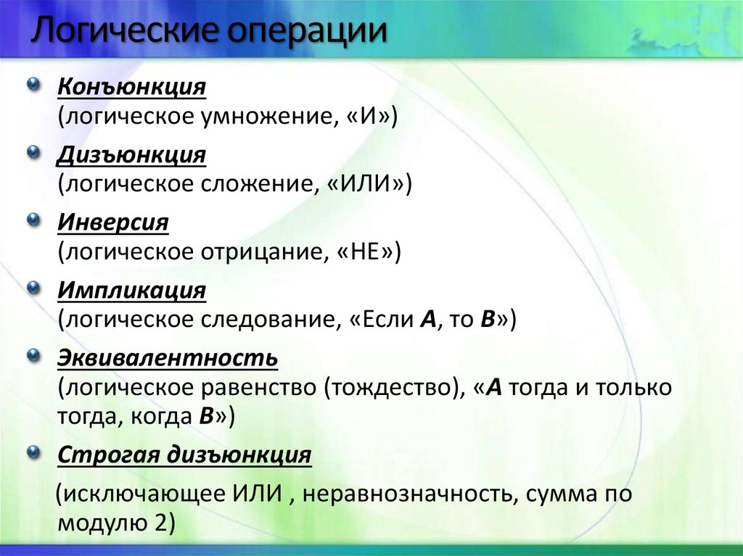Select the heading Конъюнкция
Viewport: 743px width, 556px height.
click(x=132, y=88)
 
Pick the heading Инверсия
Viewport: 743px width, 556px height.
click(x=113, y=223)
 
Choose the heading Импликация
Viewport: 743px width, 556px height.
click(x=132, y=290)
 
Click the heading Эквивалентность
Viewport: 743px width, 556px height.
click(x=168, y=357)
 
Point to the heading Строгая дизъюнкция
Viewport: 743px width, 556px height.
click(x=184, y=455)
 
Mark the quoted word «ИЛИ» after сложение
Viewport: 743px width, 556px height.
click(x=369, y=184)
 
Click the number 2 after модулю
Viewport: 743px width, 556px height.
click(x=160, y=523)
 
